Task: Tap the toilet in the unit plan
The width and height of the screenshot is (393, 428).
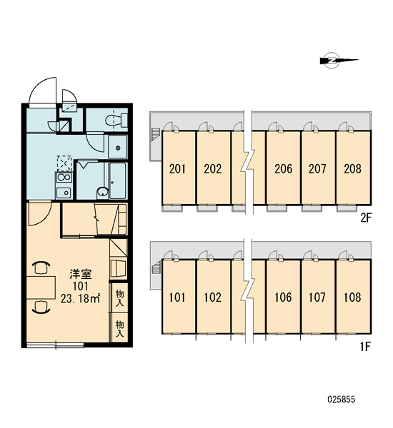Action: point(116,121)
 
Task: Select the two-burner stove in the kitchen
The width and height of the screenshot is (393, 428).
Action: point(64,178)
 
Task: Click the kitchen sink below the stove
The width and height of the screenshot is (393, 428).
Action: point(64,193)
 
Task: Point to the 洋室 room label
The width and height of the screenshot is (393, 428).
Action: point(81,274)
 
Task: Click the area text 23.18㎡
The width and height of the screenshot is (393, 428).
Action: point(81,299)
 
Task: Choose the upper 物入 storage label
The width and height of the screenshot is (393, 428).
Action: point(119,297)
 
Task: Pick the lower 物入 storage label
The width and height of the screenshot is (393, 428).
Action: point(119,329)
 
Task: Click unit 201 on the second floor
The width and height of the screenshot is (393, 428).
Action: point(177,168)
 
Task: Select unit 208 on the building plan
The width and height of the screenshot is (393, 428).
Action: point(352,168)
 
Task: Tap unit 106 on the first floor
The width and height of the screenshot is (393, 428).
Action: point(283,297)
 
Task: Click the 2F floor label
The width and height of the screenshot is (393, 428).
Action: point(366,218)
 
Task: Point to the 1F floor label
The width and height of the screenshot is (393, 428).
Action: point(366,347)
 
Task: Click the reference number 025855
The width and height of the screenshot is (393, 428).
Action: point(342,399)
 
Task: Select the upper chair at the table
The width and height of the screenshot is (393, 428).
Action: point(41,267)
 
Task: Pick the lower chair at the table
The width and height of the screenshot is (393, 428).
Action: point(41,306)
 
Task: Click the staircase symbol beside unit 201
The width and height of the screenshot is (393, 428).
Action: point(156,134)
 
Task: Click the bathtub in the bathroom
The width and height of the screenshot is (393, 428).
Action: point(118,180)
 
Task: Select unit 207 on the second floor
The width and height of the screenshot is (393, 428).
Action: point(317,168)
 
